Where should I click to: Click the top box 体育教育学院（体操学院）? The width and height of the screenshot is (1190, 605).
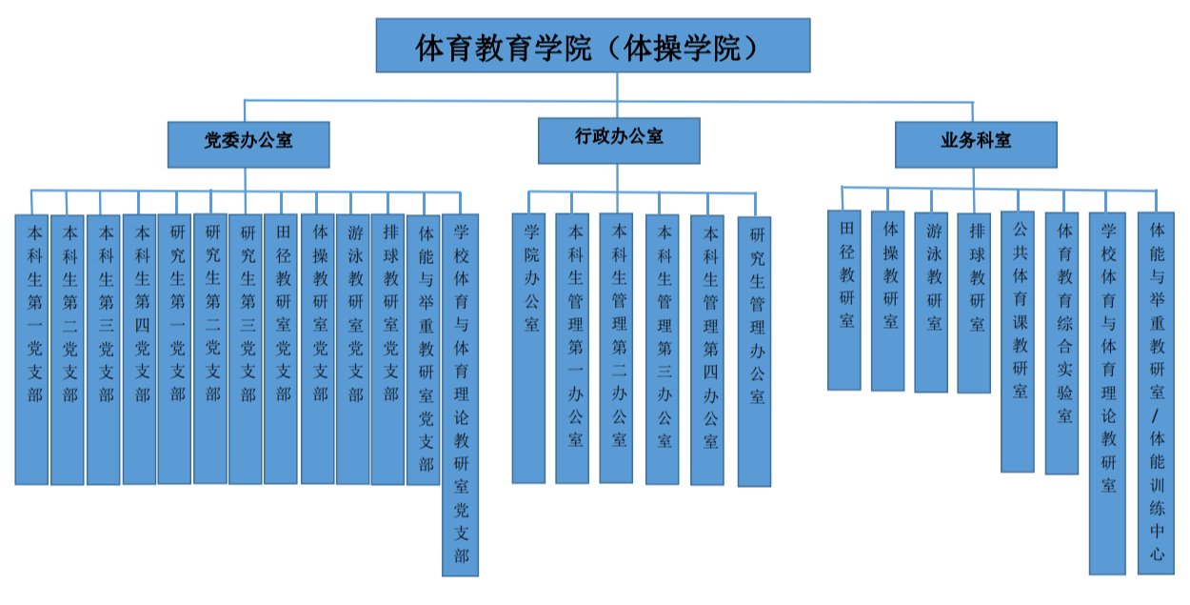(593, 46)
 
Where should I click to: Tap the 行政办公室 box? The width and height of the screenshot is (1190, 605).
(618, 139)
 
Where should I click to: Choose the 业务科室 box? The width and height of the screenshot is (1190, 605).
(975, 142)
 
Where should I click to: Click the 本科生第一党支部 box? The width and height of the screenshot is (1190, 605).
(31, 349)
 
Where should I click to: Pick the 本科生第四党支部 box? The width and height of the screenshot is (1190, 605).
(139, 349)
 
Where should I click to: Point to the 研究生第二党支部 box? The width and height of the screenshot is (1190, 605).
(210, 349)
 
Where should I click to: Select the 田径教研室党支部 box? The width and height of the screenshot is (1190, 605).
(281, 349)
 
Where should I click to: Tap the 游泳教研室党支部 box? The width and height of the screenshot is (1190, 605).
(352, 349)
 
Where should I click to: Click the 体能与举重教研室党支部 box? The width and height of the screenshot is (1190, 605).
(423, 349)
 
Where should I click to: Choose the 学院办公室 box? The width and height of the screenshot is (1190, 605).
(529, 349)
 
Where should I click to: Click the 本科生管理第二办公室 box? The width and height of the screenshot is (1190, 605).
(616, 349)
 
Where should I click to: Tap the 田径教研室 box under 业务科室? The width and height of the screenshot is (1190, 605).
(844, 300)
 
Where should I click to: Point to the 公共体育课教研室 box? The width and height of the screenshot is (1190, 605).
(1018, 341)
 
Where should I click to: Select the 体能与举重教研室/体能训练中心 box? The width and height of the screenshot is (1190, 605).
(1156, 393)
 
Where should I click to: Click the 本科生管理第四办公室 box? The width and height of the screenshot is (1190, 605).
(707, 349)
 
